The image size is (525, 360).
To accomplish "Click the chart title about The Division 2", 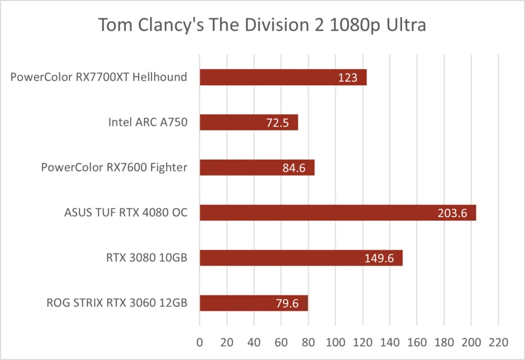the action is pyautogui.click(x=262, y=25).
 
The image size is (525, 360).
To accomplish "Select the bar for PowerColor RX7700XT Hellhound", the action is pyautogui.click(x=283, y=78).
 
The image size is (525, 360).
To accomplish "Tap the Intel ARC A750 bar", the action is pyautogui.click(x=249, y=122).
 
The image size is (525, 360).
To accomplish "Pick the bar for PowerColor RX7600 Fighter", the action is pyautogui.click(x=257, y=167).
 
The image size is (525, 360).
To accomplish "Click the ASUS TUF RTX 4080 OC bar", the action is pyautogui.click(x=338, y=212).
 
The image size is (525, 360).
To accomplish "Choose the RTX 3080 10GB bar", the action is pyautogui.click(x=301, y=258).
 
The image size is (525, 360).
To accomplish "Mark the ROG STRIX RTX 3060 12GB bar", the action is pyautogui.click(x=254, y=303).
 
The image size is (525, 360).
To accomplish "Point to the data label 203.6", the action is pyautogui.click(x=452, y=213).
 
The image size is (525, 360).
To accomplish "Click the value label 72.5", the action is pyautogui.click(x=278, y=123).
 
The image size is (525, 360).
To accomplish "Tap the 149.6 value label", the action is pyautogui.click(x=379, y=258).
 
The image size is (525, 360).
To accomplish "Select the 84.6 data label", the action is pyautogui.click(x=294, y=168).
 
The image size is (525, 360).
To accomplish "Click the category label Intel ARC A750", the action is pyautogui.click(x=148, y=122).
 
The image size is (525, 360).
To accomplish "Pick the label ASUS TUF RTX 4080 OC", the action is pyautogui.click(x=126, y=212).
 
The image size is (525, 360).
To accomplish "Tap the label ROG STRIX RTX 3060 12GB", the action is pyautogui.click(x=117, y=303).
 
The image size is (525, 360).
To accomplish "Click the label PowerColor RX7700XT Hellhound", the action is pyautogui.click(x=99, y=77).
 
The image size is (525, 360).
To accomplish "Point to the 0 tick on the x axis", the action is pyautogui.click(x=199, y=342).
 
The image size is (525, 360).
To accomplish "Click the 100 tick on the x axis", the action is pyautogui.click(x=335, y=342).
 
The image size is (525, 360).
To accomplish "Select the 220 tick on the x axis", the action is pyautogui.click(x=499, y=342).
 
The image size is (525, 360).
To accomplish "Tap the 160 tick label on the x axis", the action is pyautogui.click(x=417, y=342).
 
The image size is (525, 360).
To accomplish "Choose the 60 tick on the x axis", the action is pyautogui.click(x=281, y=342).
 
